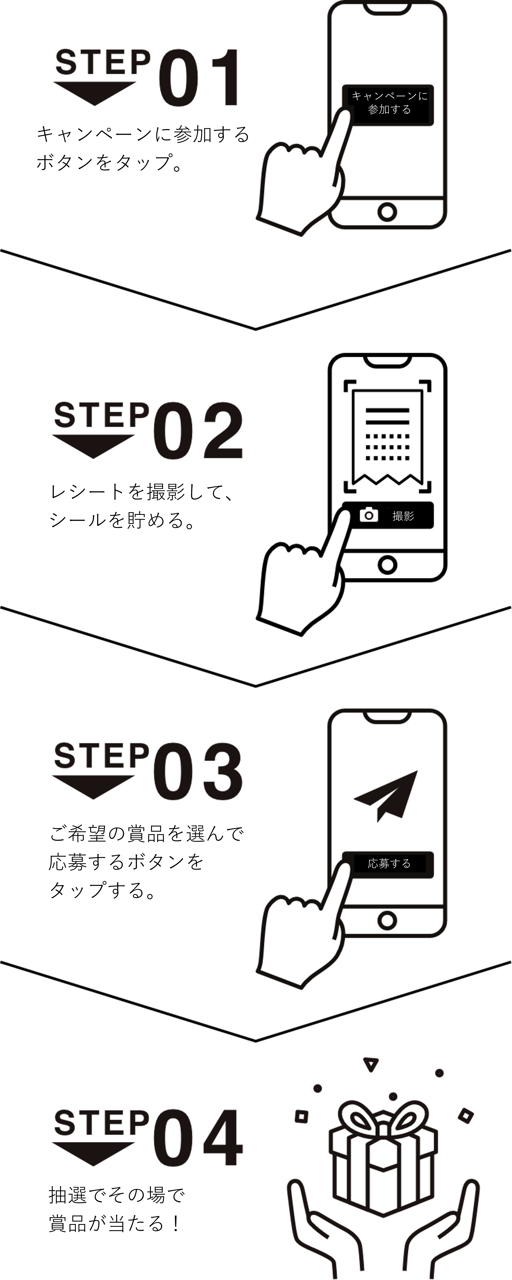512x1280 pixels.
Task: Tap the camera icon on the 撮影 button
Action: [368, 515]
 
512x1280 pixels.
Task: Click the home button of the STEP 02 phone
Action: [387, 564]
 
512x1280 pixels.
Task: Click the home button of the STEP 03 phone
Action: [387, 920]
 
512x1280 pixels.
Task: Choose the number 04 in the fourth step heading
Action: [198, 1138]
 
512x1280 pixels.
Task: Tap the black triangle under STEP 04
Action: [93, 1154]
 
